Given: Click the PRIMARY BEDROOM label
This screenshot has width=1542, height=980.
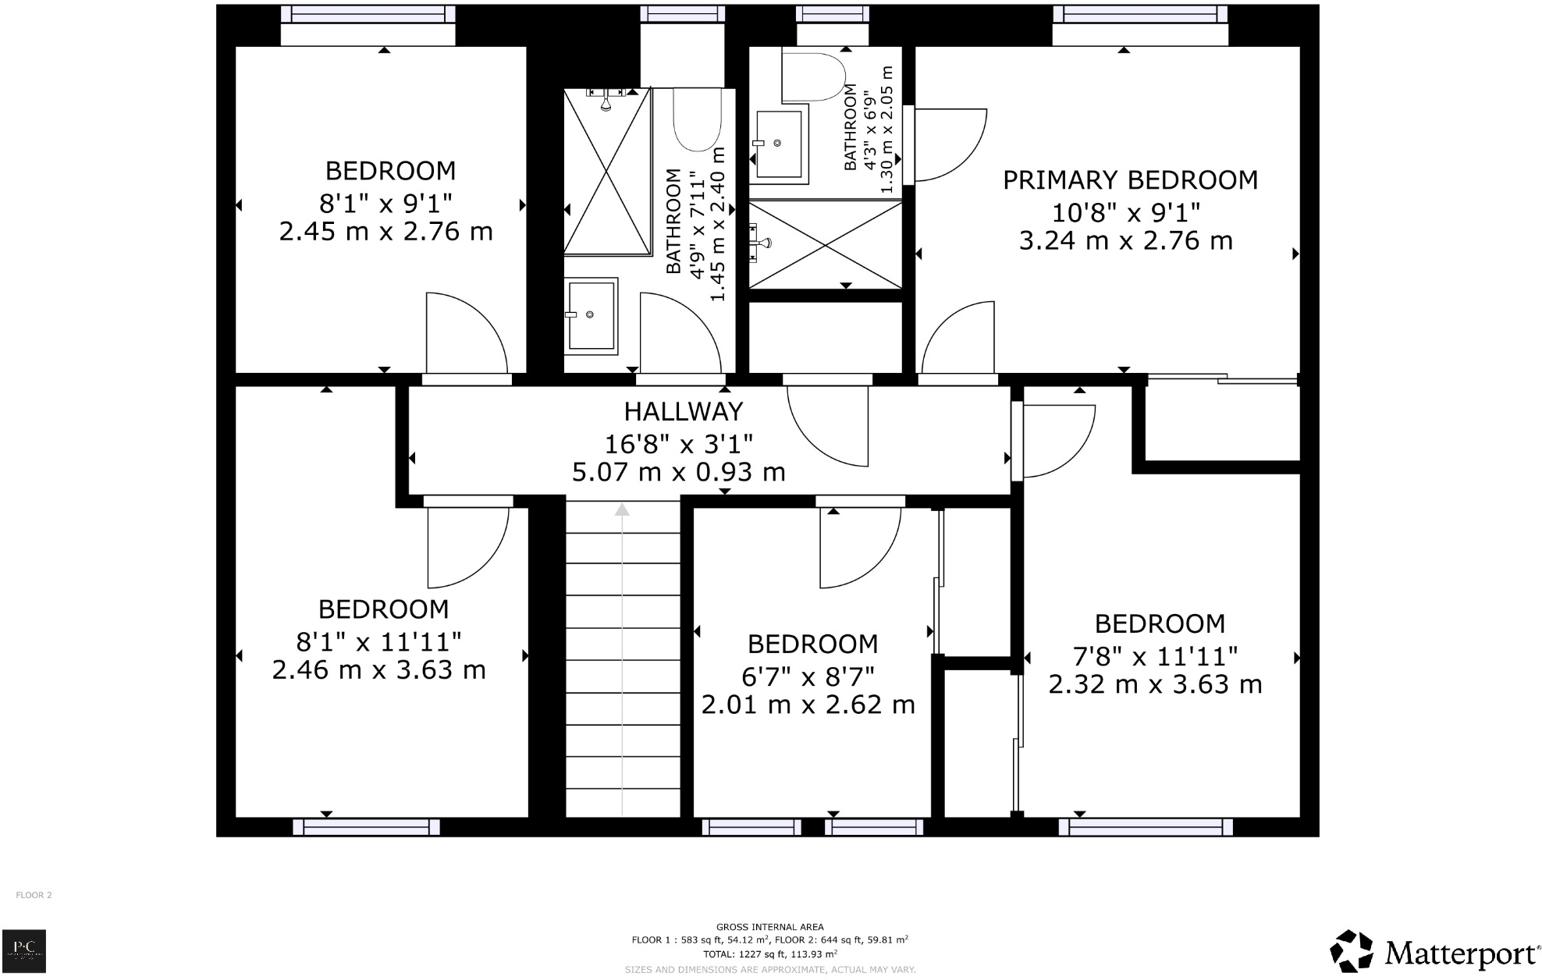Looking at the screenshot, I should pyautogui.click(x=1130, y=180).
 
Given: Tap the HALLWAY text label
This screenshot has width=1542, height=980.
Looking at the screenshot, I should pyautogui.click(x=683, y=411).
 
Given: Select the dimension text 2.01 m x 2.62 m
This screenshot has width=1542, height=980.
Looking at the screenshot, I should pyautogui.click(x=808, y=705).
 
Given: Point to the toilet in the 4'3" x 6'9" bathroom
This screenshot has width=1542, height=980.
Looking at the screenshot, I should pyautogui.click(x=814, y=76).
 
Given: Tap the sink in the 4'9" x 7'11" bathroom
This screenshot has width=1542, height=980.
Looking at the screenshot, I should pyautogui.click(x=591, y=314).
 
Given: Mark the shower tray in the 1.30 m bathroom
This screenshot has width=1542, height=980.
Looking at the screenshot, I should pyautogui.click(x=825, y=243).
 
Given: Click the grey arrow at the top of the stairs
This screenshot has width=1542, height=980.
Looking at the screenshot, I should pyautogui.click(x=622, y=510).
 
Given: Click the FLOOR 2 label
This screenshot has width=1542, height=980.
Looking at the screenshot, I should pyautogui.click(x=34, y=895).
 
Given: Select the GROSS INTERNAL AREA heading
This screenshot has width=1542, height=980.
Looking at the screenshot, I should pyautogui.click(x=769, y=927).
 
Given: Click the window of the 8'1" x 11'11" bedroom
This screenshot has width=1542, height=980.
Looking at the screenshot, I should pyautogui.click(x=366, y=827).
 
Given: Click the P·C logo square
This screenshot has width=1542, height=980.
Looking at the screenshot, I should pyautogui.click(x=23, y=951).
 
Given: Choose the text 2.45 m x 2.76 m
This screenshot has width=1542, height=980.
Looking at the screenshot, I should pyautogui.click(x=385, y=232).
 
